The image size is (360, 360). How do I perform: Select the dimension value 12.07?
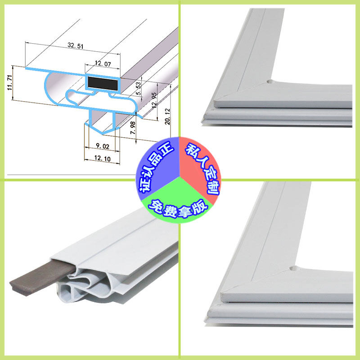point(102,64)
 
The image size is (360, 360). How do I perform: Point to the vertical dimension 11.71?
point(9,83)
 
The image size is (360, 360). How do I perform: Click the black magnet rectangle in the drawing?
point(103,82)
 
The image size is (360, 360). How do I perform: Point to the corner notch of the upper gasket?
point(269,81)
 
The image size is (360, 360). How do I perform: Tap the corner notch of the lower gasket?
point(293,269)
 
